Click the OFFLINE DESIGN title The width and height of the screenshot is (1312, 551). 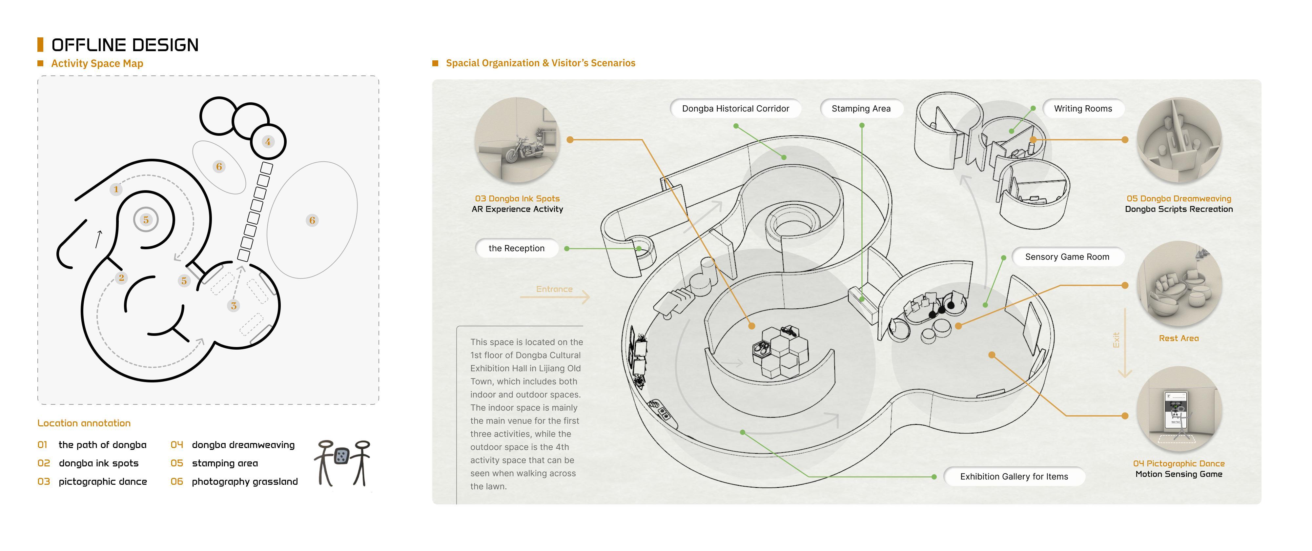point(125,45)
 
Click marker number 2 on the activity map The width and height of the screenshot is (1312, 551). point(121,277)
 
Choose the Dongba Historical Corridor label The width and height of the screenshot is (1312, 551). point(735,109)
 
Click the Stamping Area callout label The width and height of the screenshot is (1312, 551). point(861,109)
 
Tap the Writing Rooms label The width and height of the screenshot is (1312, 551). point(1083,109)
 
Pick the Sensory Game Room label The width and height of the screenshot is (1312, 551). point(1067,257)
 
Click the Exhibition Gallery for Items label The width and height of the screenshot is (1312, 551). point(1014,477)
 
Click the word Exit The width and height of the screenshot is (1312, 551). point(1116,340)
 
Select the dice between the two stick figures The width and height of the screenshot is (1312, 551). point(341,456)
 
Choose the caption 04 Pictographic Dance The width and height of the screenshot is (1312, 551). point(1179,463)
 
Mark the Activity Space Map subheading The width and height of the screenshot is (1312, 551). point(97,63)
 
